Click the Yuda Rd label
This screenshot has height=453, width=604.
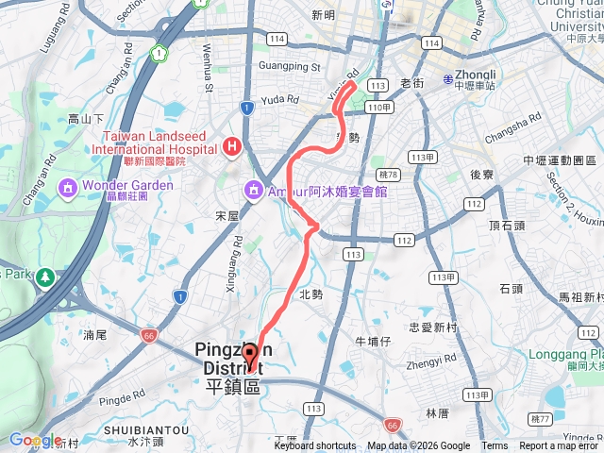coord(280,98)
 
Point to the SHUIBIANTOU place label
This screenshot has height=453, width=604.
coord(145,430)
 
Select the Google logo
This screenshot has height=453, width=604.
coord(35,440)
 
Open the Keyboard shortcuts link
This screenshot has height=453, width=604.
coord(315,446)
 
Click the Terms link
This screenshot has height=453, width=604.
coord(495,446)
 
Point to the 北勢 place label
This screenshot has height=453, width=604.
coord(310,294)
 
